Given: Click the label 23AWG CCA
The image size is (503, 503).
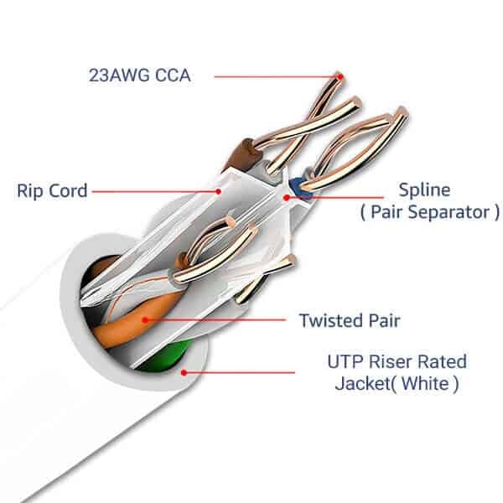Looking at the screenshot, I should coord(139,75).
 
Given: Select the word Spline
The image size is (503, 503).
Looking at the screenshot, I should coord(423,189).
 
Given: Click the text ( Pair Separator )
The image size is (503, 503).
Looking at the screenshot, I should coord(428,212).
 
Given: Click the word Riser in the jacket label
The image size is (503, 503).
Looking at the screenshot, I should coord(394,363).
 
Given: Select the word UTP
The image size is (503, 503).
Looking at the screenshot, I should coord(345,363).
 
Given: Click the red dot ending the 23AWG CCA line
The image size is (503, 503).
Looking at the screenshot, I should coord(340,75).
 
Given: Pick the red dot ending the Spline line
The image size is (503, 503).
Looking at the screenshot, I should coord(287,198).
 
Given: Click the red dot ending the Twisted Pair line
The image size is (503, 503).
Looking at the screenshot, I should coord(146,319).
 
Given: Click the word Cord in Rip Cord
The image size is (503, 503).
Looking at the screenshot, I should coord(68,190).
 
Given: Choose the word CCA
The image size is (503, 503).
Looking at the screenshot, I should coord(170,75).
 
